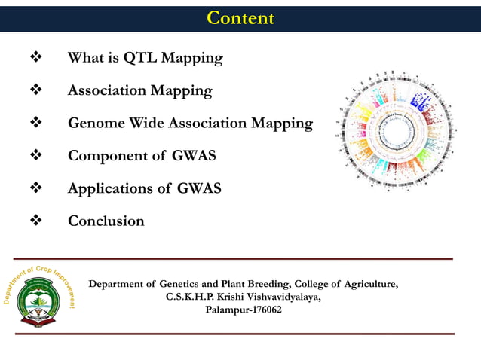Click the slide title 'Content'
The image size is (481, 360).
point(240,18)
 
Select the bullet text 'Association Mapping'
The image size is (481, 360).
point(139,90)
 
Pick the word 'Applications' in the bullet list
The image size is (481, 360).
point(108,189)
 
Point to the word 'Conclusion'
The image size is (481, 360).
point(106,221)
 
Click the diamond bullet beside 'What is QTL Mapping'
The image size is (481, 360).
point(34,58)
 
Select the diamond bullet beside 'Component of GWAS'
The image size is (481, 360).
point(34,156)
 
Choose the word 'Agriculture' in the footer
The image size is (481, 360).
point(370,284)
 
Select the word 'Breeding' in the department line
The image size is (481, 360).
point(262,284)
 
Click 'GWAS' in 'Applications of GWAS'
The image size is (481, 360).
point(199,189)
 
